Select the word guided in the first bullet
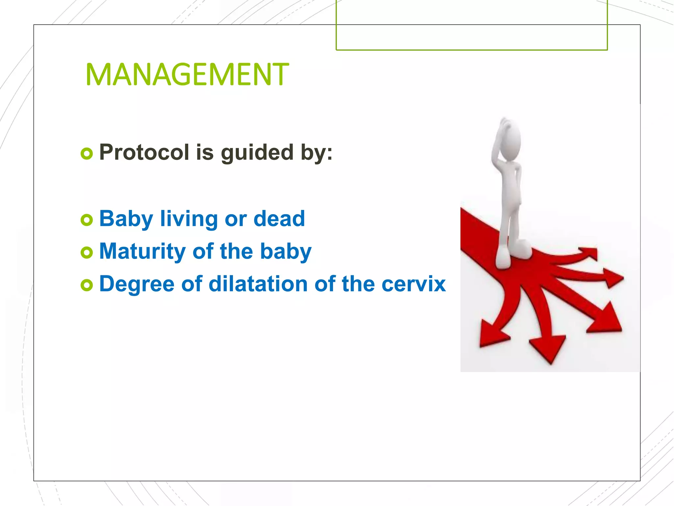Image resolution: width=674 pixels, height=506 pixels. click(x=257, y=153)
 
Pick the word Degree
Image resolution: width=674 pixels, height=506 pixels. click(x=137, y=284)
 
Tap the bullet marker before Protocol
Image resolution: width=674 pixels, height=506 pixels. click(x=87, y=154)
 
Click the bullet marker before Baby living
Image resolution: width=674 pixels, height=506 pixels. click(x=87, y=220)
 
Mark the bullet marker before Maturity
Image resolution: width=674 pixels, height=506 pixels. click(x=87, y=253)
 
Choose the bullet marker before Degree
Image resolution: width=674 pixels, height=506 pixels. click(x=87, y=285)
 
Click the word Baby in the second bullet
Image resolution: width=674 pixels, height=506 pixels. click(x=126, y=219)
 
